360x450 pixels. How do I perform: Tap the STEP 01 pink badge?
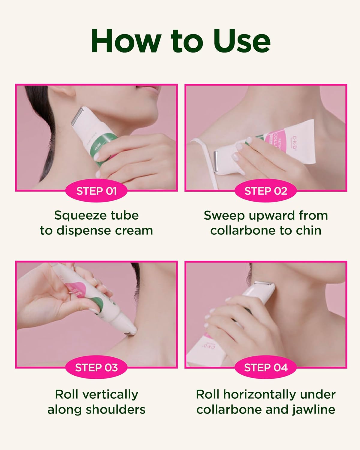pos(96,191)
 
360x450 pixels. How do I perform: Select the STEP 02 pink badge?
pos(266,191)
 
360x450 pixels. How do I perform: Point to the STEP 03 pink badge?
pos(96,367)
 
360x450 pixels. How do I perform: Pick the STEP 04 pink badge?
pos(266,367)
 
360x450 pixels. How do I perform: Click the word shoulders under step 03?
pos(116,409)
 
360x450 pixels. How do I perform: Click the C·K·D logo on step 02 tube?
pos(294,143)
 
